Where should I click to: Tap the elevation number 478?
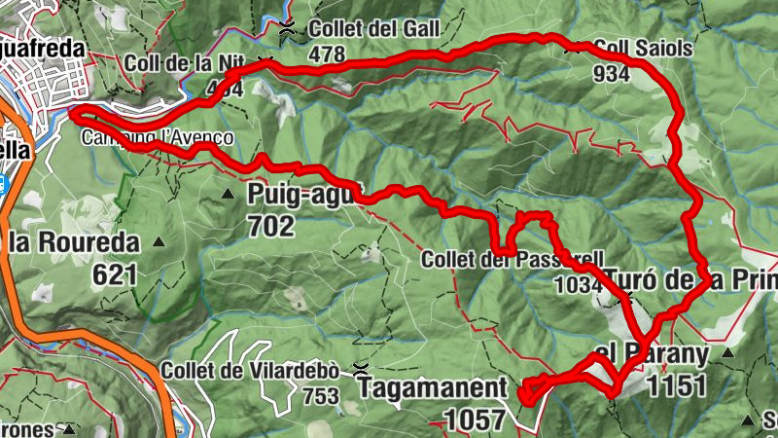pos(326,55)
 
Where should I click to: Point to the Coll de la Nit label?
pos(183,63)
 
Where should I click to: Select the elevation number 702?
pos(270,226)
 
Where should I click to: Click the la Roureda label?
pos(74,241)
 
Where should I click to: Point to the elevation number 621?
pos(115,274)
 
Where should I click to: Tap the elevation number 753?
pos(320,396)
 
